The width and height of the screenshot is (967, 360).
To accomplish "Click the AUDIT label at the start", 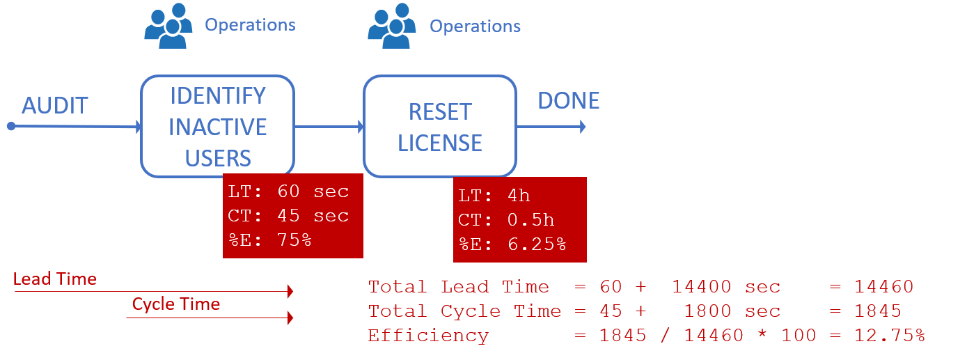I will click(x=55, y=106).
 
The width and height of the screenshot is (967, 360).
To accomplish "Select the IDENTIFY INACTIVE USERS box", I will click(x=217, y=127).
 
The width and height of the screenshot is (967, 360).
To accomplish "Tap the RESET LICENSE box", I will click(x=439, y=127).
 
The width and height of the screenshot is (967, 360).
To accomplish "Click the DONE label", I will click(x=568, y=101).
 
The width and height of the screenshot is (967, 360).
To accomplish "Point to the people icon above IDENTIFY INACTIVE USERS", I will click(x=167, y=26).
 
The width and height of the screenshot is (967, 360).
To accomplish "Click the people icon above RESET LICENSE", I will click(x=392, y=26).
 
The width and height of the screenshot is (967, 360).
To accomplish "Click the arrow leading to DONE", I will click(x=551, y=127).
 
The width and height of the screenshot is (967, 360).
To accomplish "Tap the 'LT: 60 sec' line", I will click(x=288, y=191).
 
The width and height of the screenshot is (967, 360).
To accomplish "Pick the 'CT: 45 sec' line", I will click(x=288, y=216).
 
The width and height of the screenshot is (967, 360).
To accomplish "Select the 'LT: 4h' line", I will click(x=494, y=196).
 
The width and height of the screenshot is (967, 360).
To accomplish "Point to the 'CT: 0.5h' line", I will click(x=506, y=220).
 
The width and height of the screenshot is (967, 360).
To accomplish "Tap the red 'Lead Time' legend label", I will click(x=54, y=279).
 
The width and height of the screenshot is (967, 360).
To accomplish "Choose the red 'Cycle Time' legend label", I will click(x=176, y=304).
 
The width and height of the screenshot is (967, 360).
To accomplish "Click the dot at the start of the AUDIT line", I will click(x=10, y=126).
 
